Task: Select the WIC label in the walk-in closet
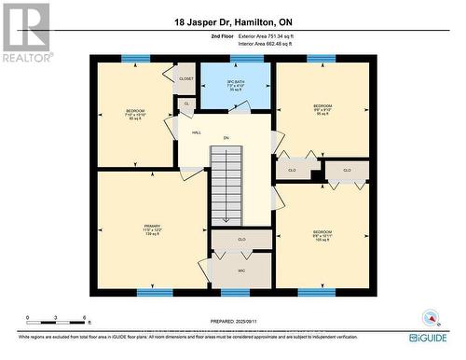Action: pyautogui.click(x=241, y=270)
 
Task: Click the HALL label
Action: pyautogui.click(x=196, y=133)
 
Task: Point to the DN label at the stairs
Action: pyautogui.click(x=226, y=139)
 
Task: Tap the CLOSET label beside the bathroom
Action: pyautogui.click(x=185, y=79)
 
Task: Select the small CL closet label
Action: pyautogui.click(x=186, y=104)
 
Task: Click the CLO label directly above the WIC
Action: pyautogui.click(x=241, y=240)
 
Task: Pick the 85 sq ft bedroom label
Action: pyautogui.click(x=135, y=116)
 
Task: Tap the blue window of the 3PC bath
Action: pyautogui.click(x=246, y=59)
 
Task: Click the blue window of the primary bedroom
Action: pyautogui.click(x=154, y=292)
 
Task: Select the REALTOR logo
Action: pyautogui.click(x=25, y=31)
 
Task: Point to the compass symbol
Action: pyautogui.click(x=430, y=317)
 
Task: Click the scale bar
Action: pyautogui.click(x=56, y=325)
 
